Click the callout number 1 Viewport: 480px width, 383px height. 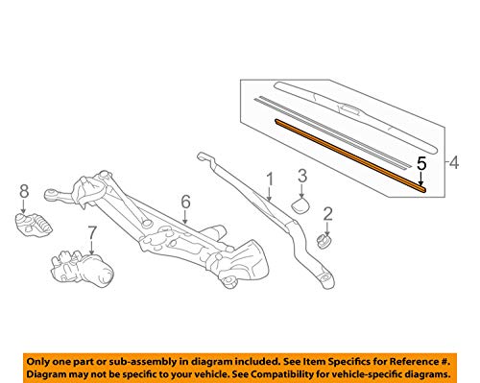tap(270, 180)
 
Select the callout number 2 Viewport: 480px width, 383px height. tap(327, 214)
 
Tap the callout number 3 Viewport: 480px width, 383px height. tap(302, 176)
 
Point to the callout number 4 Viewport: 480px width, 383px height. tap(454, 162)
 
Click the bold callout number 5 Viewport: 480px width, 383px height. tap(421, 163)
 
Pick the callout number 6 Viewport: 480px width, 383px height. tap(185, 202)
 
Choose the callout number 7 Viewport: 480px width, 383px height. tap(92, 233)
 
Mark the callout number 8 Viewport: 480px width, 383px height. tap(24, 191)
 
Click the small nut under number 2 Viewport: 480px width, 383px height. tap(324, 241)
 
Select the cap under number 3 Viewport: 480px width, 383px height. tap(300, 205)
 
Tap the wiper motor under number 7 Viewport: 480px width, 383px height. tap(83, 268)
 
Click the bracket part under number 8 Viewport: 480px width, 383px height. tap(34, 225)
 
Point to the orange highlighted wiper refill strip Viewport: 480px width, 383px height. tap(350, 156)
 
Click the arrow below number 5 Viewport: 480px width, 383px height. tap(421, 179)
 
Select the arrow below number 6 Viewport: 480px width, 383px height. tap(185, 217)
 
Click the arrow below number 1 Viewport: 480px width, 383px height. tap(270, 195)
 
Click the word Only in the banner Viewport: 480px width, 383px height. tap(37, 362)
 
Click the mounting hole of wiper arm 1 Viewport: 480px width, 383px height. tap(325, 277)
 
